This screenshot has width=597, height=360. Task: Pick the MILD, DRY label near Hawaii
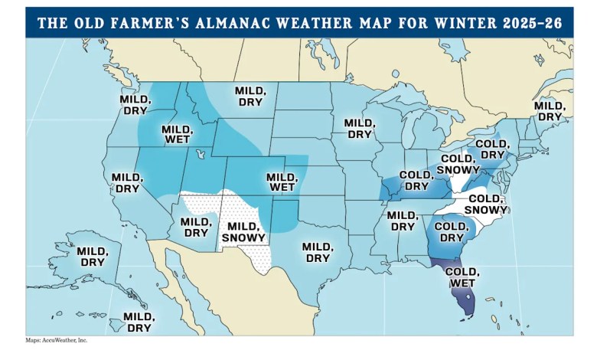click(x=139, y=322)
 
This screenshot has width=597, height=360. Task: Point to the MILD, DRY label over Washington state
click(x=133, y=104)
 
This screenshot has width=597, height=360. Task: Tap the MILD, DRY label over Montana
click(x=250, y=96)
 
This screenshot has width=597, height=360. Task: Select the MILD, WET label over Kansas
click(x=281, y=182)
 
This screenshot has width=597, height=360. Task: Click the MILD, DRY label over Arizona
click(x=196, y=227)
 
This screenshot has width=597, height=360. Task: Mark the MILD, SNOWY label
click(x=244, y=232)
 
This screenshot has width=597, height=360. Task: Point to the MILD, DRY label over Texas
click(x=316, y=252)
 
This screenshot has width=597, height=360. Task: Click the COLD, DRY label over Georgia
click(x=450, y=231)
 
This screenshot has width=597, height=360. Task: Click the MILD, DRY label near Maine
click(x=550, y=111)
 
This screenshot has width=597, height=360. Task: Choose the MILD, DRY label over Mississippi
click(x=402, y=220)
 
